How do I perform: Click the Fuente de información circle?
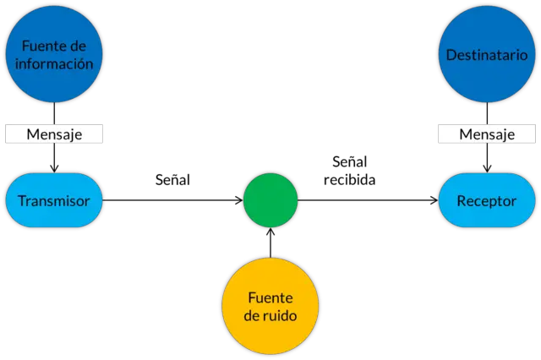(54, 54)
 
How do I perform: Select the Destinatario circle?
(487, 54)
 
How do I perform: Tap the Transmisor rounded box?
(54, 200)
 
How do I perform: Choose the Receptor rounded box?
(487, 200)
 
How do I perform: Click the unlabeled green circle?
(270, 200)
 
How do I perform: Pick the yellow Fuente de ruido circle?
(270, 306)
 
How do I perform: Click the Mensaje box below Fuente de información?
(54, 134)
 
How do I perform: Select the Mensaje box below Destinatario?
(487, 134)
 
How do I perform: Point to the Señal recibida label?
(349, 171)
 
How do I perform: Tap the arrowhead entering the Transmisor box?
(54, 169)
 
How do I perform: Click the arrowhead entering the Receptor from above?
(487, 169)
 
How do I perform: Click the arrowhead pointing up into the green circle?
(270, 231)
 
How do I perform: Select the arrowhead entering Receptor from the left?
(434, 200)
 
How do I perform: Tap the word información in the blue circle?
(54, 64)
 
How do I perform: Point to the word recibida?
(349, 180)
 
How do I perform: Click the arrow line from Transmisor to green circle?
(172, 200)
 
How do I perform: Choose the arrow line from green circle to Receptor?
(368, 200)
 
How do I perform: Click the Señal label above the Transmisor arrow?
(172, 180)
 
